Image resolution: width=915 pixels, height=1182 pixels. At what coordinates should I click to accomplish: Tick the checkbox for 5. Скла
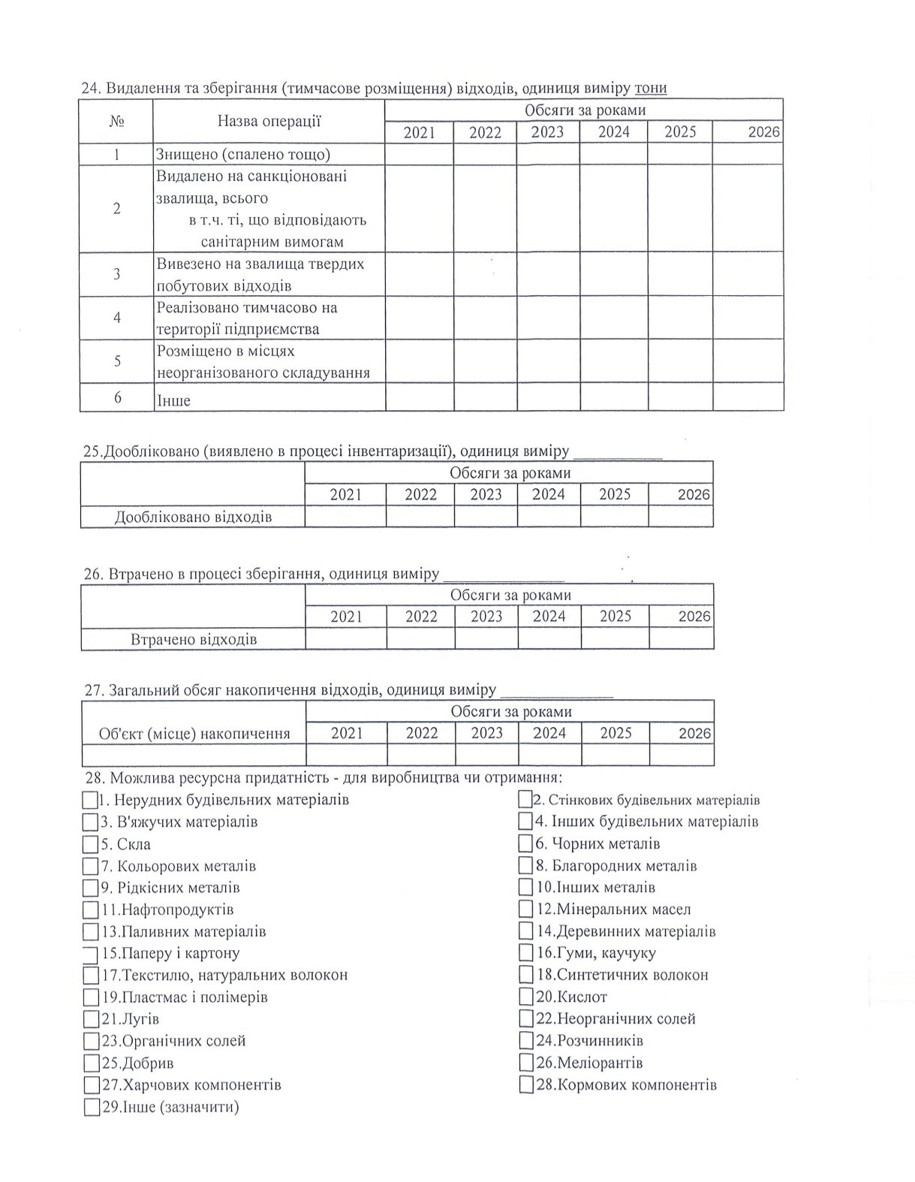[x=91, y=843]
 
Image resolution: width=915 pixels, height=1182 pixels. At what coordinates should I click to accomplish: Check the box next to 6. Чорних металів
[x=525, y=843]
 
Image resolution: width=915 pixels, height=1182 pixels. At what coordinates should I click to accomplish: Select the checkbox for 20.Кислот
[x=525, y=997]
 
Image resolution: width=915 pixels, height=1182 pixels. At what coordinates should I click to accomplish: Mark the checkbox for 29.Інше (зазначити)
[x=91, y=1107]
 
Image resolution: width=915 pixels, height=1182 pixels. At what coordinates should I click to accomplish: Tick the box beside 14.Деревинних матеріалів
[x=525, y=931]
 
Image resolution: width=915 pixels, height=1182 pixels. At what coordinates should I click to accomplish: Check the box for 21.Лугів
[x=91, y=1019]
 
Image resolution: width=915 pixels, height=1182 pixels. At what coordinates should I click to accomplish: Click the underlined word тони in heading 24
[x=650, y=89]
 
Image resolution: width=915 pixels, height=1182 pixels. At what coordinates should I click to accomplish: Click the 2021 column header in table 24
[x=419, y=132]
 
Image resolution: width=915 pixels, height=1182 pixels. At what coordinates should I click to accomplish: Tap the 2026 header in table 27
[x=694, y=733]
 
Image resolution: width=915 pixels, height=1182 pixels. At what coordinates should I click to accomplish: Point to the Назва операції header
[x=269, y=121]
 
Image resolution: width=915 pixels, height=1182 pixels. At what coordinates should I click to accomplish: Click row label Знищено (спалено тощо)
[x=243, y=155]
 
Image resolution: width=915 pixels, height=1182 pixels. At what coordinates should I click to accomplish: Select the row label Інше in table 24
[x=173, y=400]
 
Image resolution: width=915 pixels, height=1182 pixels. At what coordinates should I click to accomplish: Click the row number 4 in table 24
[x=117, y=318]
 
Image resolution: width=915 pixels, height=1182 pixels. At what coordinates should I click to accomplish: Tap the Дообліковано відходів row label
[x=193, y=517]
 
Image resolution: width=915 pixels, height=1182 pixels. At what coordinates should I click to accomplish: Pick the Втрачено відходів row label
[x=194, y=640]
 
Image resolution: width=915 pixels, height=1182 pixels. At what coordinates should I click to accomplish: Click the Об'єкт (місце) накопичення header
[x=194, y=734]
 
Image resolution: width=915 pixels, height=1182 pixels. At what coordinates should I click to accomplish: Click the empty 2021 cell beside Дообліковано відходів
[x=345, y=517]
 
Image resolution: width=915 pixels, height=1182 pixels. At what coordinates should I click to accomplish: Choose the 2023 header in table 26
[x=486, y=617]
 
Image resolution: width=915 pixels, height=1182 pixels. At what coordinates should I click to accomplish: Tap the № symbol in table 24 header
[x=117, y=121]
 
